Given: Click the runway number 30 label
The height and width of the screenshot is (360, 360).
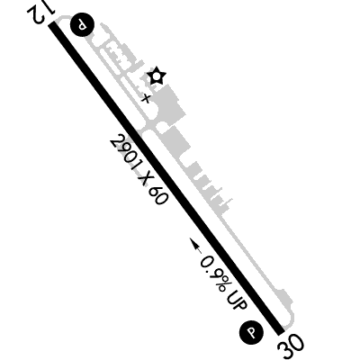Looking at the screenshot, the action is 291,347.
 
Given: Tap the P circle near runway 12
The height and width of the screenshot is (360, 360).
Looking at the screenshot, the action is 82,25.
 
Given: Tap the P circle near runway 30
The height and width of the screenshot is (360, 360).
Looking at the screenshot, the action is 251,332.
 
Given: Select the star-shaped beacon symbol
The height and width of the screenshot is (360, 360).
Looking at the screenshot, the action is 157,76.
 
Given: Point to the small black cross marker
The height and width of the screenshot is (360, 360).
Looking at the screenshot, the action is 146,98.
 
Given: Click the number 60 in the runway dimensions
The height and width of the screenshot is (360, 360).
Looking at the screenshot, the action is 157,195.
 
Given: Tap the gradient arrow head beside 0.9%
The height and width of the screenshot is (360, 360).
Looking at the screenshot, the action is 194,243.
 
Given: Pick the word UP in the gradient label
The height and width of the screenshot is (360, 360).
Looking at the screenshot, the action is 237,301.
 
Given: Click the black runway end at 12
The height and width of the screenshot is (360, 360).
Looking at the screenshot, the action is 53,25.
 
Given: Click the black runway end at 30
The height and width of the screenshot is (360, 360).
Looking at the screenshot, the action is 280,330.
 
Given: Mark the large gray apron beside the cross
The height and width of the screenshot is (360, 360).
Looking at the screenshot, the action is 168,105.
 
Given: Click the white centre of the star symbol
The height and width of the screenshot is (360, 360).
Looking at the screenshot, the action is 157,76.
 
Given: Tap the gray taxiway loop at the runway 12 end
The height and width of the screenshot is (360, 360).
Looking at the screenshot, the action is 64,19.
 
